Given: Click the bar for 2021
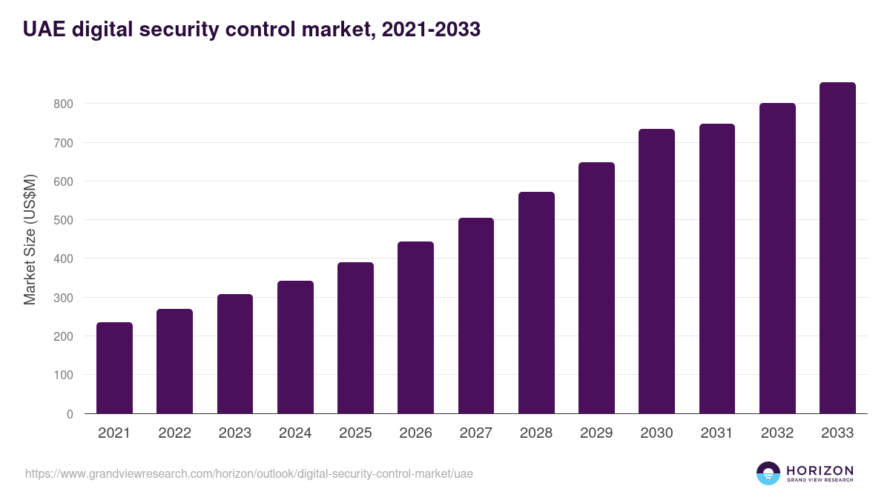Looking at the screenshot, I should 114,368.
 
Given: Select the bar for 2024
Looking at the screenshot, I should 295,347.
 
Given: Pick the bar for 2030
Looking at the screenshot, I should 656,271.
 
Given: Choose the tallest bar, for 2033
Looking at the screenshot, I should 837,248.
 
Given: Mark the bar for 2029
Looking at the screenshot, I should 596,288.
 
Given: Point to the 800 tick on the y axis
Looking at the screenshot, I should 63,104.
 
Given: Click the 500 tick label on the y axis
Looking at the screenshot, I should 63,220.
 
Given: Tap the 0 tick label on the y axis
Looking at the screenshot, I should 70,414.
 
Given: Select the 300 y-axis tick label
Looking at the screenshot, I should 63,298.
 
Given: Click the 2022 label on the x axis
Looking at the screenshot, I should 174,433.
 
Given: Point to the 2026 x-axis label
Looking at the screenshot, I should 415,433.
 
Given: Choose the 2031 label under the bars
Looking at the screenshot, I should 716,433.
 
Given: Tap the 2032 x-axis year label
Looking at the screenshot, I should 777,433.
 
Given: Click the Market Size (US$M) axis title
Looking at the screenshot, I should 30,240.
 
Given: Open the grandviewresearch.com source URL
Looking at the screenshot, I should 248,473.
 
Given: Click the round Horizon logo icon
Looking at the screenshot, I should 768,473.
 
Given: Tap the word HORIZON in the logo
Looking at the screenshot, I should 820,470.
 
